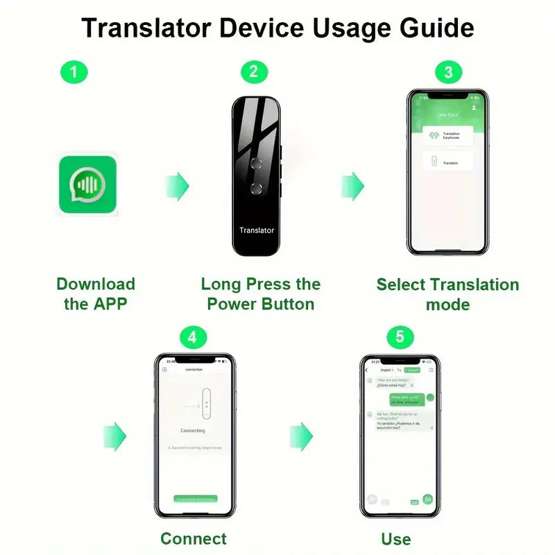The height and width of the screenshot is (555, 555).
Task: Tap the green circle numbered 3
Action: pos(448,71)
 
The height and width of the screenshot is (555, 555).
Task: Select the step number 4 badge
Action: pos(193,338)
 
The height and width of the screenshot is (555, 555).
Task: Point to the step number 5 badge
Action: pos(400,338)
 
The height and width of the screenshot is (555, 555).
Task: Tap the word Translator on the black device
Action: pos(257,230)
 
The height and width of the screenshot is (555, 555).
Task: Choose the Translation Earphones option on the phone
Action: pos(447,135)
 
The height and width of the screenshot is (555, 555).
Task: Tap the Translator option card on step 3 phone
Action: pos(447,162)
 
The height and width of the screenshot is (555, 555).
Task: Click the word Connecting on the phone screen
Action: pos(192,431)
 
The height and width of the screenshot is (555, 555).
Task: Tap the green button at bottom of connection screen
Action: pos(195,499)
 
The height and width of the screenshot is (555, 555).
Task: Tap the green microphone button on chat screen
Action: pos(428,499)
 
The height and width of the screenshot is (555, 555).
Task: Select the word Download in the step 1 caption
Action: pos(95,284)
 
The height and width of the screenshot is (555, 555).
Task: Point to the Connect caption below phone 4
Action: pos(194,538)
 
